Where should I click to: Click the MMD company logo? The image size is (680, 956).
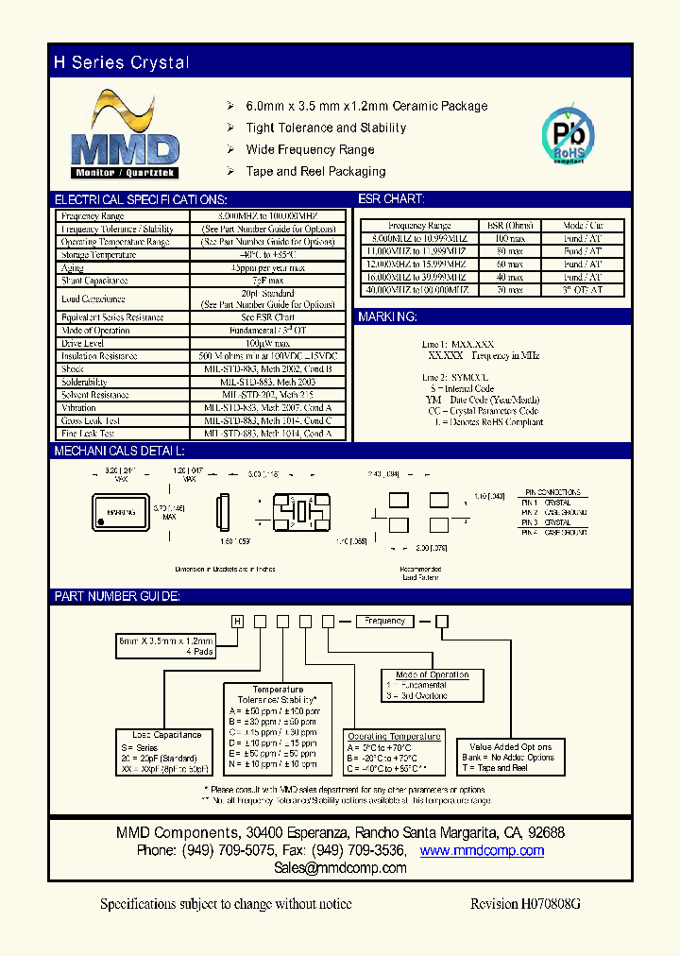[126, 136]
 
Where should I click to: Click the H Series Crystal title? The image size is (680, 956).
[122, 63]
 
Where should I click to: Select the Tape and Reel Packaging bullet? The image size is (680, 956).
[315, 171]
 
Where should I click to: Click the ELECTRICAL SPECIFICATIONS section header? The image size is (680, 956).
[140, 200]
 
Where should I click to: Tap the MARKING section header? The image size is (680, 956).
[387, 317]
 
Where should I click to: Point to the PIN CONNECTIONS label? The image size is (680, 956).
[553, 493]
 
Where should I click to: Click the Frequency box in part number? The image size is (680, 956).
[384, 621]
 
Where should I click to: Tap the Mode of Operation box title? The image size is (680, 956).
[433, 674]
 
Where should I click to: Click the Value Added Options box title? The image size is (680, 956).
[510, 746]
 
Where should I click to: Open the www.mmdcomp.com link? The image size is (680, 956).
[482, 850]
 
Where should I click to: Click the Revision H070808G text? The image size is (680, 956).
[525, 904]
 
